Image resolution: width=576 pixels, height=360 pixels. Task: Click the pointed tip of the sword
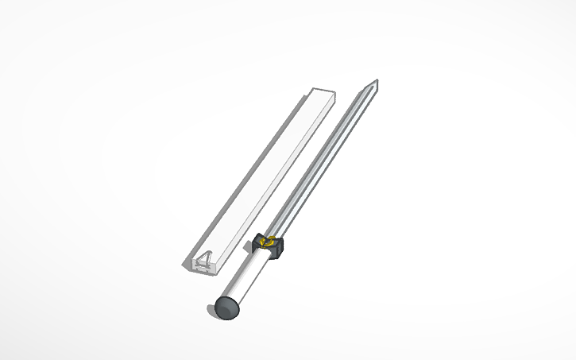375,81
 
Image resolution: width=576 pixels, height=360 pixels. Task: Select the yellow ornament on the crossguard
270,242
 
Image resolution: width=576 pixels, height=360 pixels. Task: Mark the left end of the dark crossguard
259,238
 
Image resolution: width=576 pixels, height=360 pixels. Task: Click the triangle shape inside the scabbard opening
205,257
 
